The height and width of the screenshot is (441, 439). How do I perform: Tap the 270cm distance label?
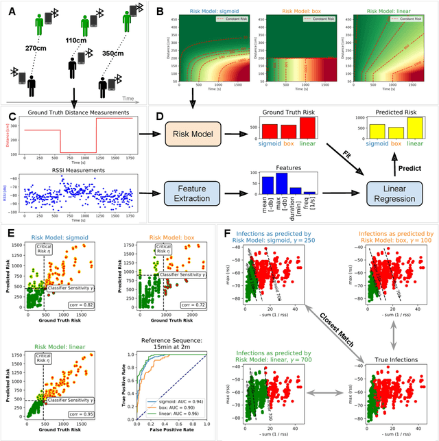coord(38,49)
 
